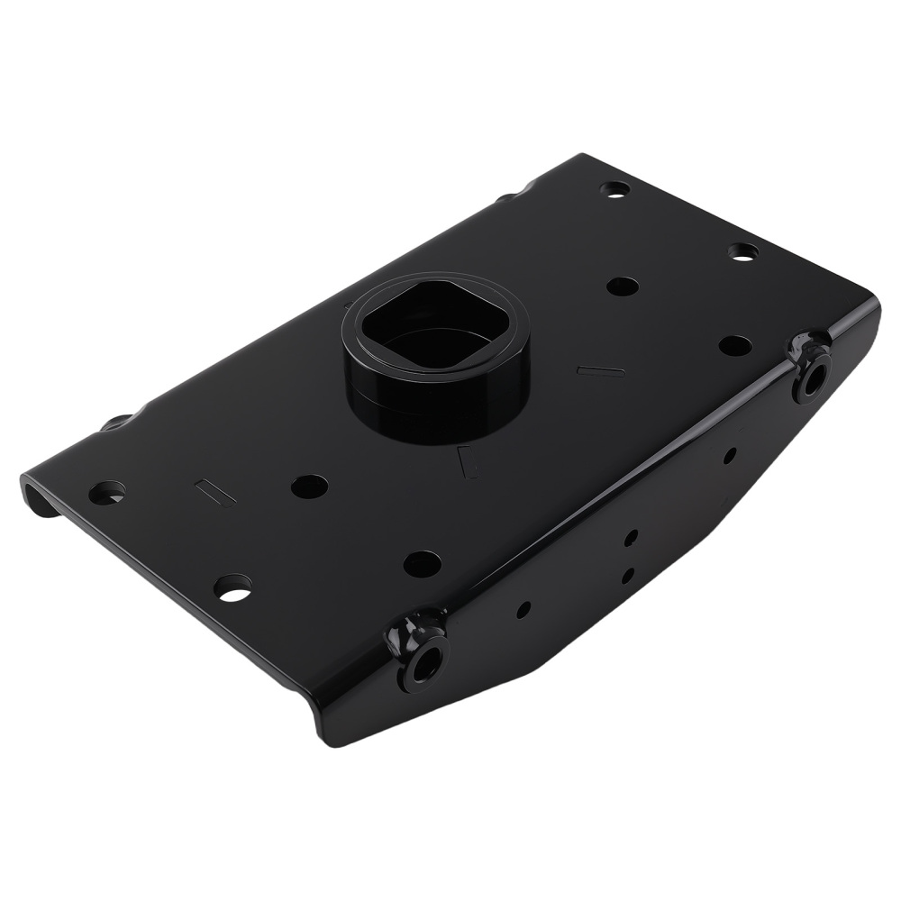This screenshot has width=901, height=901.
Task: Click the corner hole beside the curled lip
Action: click(107, 492)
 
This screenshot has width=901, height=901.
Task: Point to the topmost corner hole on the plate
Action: click(615, 190)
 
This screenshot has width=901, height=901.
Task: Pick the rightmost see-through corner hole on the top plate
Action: click(742, 253)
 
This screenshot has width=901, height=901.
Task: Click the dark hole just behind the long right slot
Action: click(622, 287)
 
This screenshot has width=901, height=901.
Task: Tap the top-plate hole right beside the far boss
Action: click(736, 344)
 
